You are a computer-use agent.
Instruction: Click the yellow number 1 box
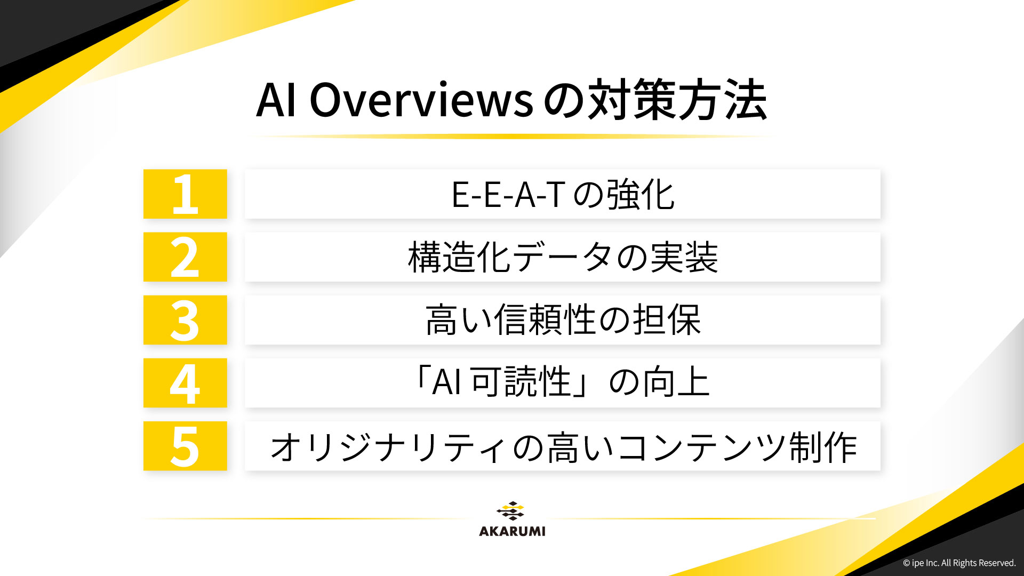[185, 194]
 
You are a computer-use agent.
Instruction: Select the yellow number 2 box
[185, 257]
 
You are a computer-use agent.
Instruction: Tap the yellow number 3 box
[185, 320]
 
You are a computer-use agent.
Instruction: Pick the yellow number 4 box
[185, 383]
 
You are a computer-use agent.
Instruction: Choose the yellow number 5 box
[185, 446]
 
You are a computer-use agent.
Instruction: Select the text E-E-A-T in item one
[508, 195]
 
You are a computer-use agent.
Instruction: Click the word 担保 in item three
[667, 320]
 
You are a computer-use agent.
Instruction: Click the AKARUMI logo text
[512, 531]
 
